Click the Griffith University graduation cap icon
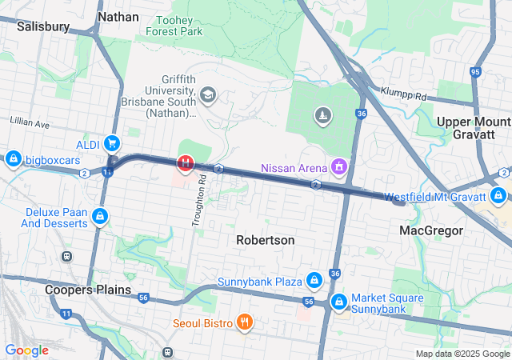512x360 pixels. (x=208, y=96)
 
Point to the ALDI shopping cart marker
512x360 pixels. (x=113, y=144)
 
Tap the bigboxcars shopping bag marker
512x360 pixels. (x=12, y=160)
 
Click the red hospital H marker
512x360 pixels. (x=186, y=163)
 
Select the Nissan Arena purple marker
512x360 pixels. (x=340, y=167)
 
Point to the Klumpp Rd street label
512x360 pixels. (x=404, y=95)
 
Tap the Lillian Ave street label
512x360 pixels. (x=30, y=125)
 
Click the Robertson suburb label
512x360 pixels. (x=266, y=240)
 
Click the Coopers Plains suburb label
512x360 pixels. (x=88, y=290)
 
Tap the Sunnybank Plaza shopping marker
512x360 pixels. (x=314, y=282)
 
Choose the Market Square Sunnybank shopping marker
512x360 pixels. (x=339, y=302)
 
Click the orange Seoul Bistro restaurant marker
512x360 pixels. (x=246, y=323)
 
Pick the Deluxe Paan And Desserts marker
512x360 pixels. (x=100, y=216)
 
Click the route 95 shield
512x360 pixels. (x=476, y=73)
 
